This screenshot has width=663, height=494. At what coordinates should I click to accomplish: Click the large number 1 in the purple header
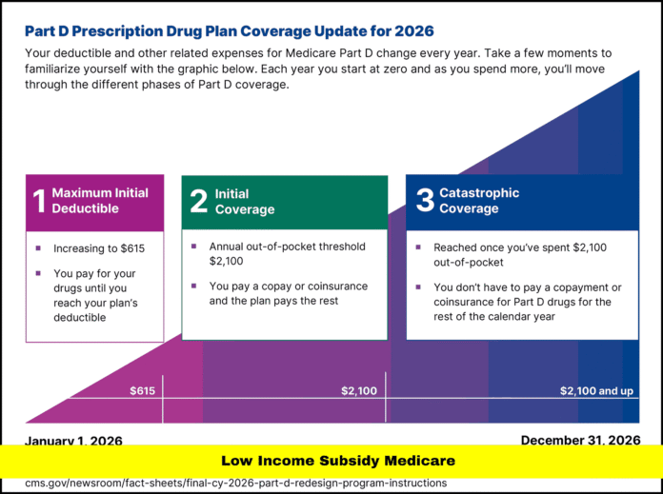[39, 201]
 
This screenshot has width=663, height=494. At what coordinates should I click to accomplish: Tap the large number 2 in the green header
[198, 201]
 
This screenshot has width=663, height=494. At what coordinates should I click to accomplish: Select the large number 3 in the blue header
[424, 200]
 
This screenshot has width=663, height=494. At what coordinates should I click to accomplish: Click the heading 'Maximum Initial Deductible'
[99, 201]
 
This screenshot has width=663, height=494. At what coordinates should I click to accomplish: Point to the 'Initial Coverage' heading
[244, 201]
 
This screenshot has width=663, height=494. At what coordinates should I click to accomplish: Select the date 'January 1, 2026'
[73, 441]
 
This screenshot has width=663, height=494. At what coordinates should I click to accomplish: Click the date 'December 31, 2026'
[580, 440]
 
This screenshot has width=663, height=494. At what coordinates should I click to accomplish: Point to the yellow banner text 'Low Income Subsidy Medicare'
[337, 461]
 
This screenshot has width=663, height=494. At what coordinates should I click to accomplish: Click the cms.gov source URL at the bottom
[235, 483]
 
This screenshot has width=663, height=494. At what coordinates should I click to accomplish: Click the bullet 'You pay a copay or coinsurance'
[288, 292]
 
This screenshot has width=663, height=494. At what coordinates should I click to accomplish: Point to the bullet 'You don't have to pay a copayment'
[522, 302]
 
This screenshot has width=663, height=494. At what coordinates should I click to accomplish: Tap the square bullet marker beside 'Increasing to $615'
[38, 248]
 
